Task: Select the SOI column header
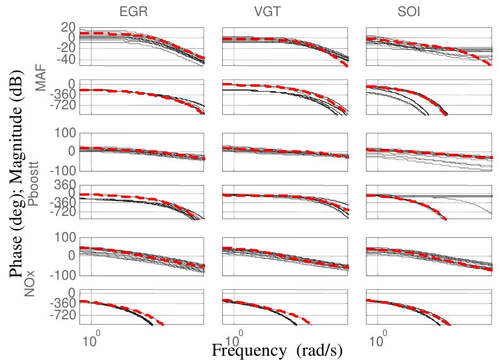(x=409, y=11)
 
